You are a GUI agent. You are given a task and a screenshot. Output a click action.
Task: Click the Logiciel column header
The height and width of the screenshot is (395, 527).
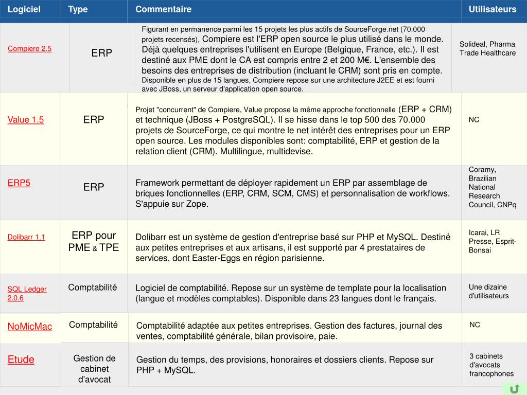pos(24,9)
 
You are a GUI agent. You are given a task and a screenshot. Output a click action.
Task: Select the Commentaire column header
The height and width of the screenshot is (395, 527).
pos(163,9)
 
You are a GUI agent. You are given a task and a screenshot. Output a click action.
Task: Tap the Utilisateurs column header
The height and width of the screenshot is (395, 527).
pos(492,9)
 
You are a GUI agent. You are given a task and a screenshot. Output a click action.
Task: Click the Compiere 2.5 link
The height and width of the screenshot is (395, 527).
pos(29,49)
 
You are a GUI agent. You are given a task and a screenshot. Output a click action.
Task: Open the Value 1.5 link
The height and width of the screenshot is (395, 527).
pos(26,120)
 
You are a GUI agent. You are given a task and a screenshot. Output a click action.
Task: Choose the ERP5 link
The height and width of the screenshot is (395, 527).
pos(19,183)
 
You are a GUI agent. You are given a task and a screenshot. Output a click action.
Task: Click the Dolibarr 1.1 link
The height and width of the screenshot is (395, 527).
pos(26,237)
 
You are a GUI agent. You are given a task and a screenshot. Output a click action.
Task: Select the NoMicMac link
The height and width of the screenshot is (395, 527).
pos(30,327)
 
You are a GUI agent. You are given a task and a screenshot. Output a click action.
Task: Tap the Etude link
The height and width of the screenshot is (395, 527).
pos(21,360)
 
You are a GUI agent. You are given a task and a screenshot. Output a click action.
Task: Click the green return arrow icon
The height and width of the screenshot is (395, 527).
pos(514,389)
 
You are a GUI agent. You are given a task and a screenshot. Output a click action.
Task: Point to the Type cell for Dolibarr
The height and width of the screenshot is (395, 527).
pos(94,241)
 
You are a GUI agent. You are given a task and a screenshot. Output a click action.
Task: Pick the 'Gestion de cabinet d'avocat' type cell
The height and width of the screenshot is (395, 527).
pos(94,369)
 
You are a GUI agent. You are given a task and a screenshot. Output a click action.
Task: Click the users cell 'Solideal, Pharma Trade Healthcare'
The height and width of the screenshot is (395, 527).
pos(487,48)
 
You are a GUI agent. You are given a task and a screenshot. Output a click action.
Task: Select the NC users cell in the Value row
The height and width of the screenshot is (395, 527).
pos(474,120)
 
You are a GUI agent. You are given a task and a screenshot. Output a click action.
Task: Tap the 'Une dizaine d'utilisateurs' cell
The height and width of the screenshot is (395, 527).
pos(488,291)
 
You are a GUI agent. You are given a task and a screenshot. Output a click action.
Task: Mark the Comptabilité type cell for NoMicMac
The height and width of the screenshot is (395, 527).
pos(93,325)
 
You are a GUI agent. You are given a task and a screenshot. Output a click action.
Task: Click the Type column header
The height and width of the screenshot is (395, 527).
pos(78,9)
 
